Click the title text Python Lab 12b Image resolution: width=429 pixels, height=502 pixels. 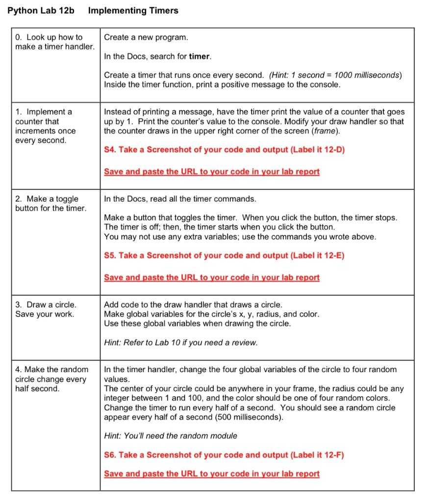(x=41, y=10)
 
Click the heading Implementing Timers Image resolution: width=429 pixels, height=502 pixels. (x=133, y=10)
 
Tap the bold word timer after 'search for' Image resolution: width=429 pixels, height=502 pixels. (x=200, y=56)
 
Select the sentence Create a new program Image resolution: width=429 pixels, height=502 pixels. (x=146, y=37)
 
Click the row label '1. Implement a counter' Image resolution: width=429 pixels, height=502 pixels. (x=44, y=112)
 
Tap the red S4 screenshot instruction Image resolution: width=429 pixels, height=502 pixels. (x=224, y=150)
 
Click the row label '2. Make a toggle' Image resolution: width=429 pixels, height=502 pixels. (x=47, y=199)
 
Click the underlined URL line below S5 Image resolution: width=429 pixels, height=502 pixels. (x=211, y=277)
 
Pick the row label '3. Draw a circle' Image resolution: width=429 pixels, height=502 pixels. (x=46, y=304)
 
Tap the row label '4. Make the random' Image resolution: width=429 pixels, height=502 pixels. (x=51, y=369)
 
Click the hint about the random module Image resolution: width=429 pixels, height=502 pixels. (x=170, y=436)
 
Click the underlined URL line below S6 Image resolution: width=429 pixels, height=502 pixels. (x=211, y=474)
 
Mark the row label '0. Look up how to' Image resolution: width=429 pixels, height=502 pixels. (x=49, y=37)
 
